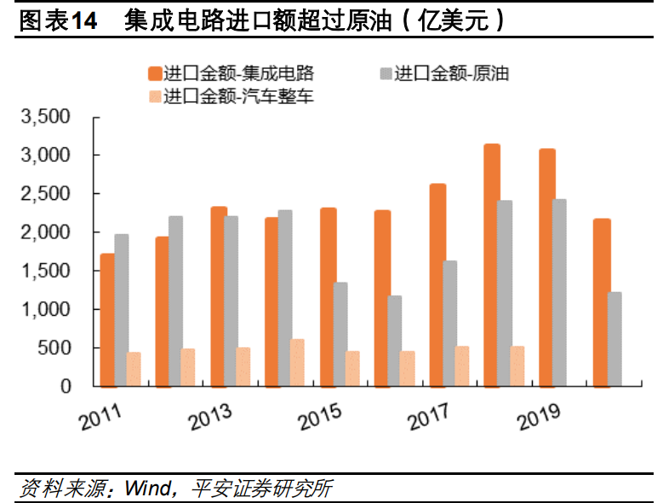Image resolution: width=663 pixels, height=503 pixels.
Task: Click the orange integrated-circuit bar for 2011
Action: tap(107, 320)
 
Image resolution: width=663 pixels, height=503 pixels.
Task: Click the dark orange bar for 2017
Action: tap(437, 285)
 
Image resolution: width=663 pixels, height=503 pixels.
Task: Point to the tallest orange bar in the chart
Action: tap(492, 265)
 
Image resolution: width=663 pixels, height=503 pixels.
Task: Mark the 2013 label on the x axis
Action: tap(210, 417)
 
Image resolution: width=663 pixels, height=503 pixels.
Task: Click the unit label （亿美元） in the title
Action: tap(463, 20)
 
